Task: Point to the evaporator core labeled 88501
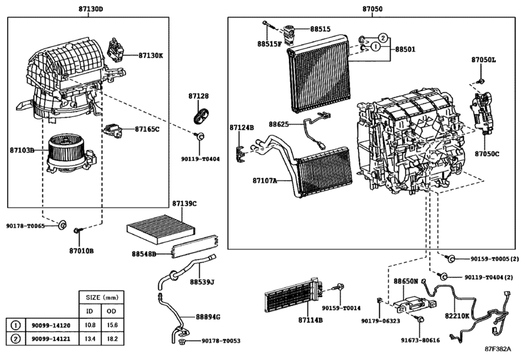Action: tap(319, 76)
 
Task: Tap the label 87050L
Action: tap(484, 60)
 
